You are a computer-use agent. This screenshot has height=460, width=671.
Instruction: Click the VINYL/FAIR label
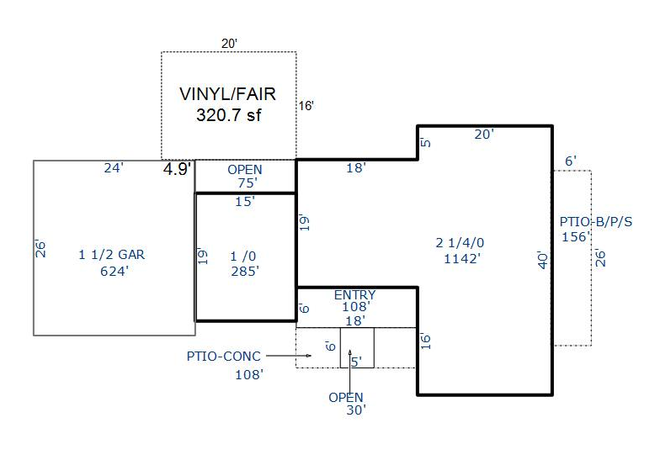(227, 94)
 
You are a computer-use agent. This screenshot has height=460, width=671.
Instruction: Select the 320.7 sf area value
(228, 115)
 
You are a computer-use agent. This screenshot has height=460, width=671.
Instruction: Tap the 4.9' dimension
(177, 168)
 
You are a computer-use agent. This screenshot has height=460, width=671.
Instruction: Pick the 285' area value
(245, 271)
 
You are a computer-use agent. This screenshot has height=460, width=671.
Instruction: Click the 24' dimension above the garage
(114, 168)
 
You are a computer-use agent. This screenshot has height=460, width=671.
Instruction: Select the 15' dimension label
(244, 202)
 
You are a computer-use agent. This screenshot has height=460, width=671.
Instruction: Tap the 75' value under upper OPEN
(245, 182)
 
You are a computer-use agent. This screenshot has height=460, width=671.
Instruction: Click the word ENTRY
(355, 295)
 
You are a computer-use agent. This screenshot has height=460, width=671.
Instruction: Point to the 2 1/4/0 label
(460, 243)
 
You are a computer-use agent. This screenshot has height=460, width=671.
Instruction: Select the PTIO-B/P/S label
(596, 222)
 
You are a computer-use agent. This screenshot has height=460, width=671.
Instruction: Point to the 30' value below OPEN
(356, 410)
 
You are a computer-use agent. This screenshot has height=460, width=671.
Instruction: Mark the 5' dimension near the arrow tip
(356, 362)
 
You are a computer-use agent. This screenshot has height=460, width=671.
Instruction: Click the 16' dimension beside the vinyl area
(307, 106)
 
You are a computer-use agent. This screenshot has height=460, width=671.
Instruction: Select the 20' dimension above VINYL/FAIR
(230, 43)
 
